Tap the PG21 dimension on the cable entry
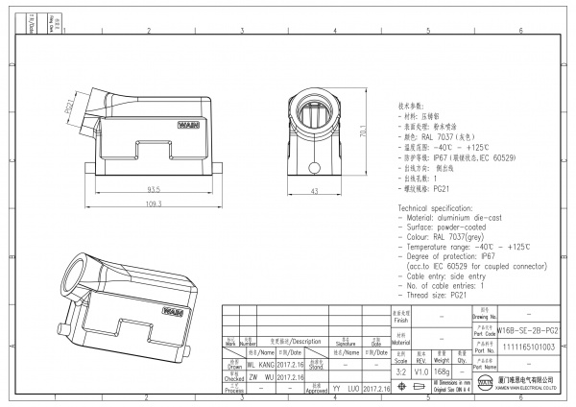point(68,107)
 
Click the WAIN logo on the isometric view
point(173,311)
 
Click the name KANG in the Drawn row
point(265,366)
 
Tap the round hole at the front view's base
point(314,171)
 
